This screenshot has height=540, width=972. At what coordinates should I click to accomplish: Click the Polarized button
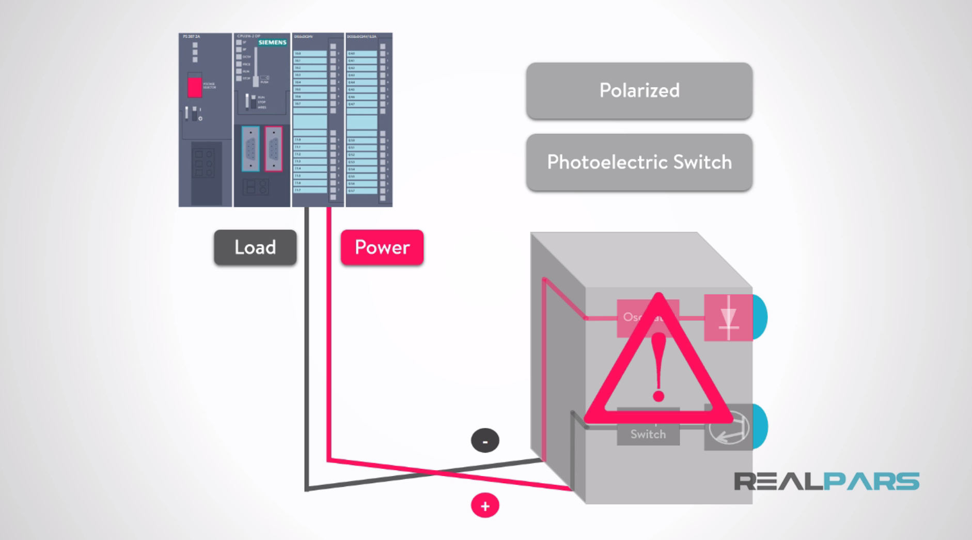click(x=639, y=90)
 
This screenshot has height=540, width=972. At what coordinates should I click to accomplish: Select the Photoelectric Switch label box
click(x=639, y=162)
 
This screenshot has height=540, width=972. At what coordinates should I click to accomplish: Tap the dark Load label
click(x=255, y=248)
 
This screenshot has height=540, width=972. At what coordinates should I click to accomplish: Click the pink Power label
click(x=382, y=248)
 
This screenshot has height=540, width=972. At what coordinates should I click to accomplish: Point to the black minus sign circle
click(x=485, y=441)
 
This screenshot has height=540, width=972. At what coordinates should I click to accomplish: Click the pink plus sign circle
click(x=485, y=506)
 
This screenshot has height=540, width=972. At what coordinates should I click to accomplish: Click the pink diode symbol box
click(x=728, y=318)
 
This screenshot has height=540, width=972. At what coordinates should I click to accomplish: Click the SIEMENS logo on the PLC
click(x=272, y=42)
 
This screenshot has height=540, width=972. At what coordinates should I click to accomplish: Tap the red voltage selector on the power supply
click(x=195, y=87)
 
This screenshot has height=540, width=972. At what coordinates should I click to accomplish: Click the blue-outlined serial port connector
click(x=250, y=149)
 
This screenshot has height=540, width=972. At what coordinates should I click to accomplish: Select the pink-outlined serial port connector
click(x=274, y=149)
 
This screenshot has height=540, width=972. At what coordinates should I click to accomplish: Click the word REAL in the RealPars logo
click(x=778, y=481)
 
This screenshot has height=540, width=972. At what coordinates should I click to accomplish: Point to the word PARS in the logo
click(x=871, y=481)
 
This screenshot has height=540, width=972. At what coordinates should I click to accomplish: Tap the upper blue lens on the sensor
click(x=760, y=317)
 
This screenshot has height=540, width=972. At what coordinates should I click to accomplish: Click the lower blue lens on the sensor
click(x=760, y=426)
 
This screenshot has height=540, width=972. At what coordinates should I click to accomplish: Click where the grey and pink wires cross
click(x=435, y=472)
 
